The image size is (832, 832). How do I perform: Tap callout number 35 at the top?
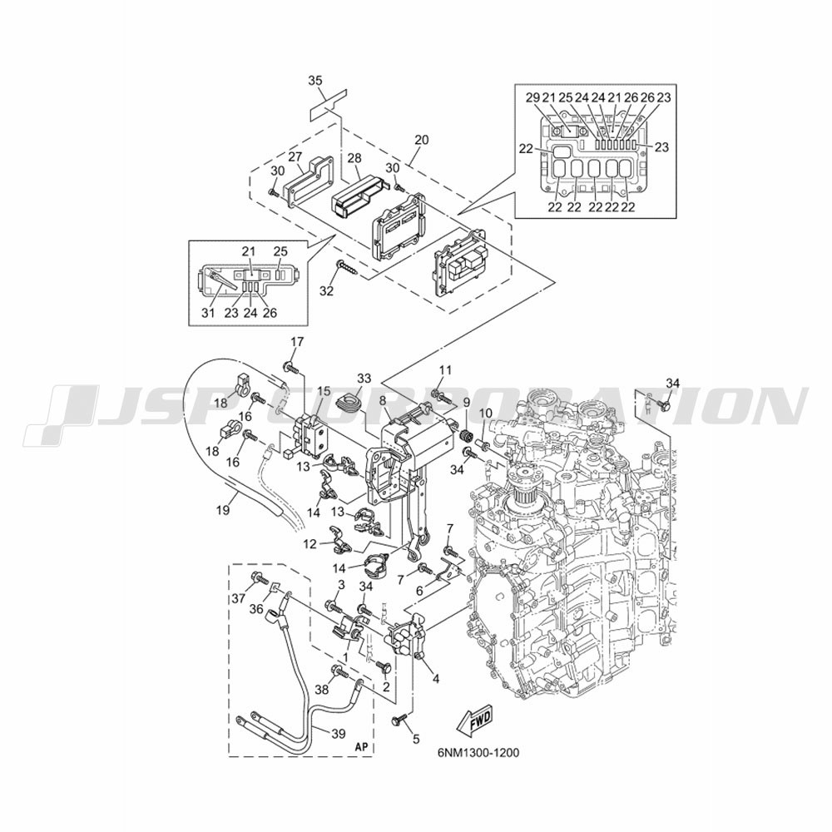coord(315,81)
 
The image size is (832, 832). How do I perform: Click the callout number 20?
coord(422,141)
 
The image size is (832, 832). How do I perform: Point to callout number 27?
coord(295,156)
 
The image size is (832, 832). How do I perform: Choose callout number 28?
coord(354,158)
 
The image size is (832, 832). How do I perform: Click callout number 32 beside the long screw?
coord(327,290)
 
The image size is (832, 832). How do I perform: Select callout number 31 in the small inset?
coord(208,313)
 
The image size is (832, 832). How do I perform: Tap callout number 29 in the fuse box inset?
coord(532,97)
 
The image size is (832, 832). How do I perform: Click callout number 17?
coord(297,342)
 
